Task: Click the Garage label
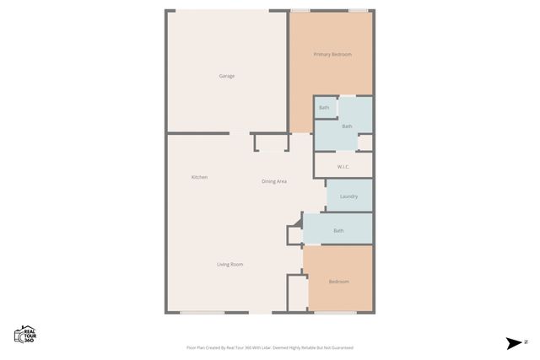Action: point(227,76)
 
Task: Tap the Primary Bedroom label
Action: point(332,54)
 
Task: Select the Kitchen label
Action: point(199,177)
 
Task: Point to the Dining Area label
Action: point(274,181)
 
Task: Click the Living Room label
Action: point(229,265)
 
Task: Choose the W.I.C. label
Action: point(343,166)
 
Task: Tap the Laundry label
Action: point(348,196)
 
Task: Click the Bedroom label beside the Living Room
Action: point(338,282)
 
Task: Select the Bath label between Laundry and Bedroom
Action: point(338,230)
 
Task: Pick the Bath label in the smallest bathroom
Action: point(324,107)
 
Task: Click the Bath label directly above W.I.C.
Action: point(347,126)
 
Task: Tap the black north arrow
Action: point(513,343)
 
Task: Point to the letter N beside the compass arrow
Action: point(526,342)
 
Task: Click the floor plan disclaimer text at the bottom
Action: point(270,347)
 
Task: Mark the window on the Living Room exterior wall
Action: point(202,313)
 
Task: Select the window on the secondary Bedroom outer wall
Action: point(335,313)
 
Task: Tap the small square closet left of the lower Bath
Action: point(294,235)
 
